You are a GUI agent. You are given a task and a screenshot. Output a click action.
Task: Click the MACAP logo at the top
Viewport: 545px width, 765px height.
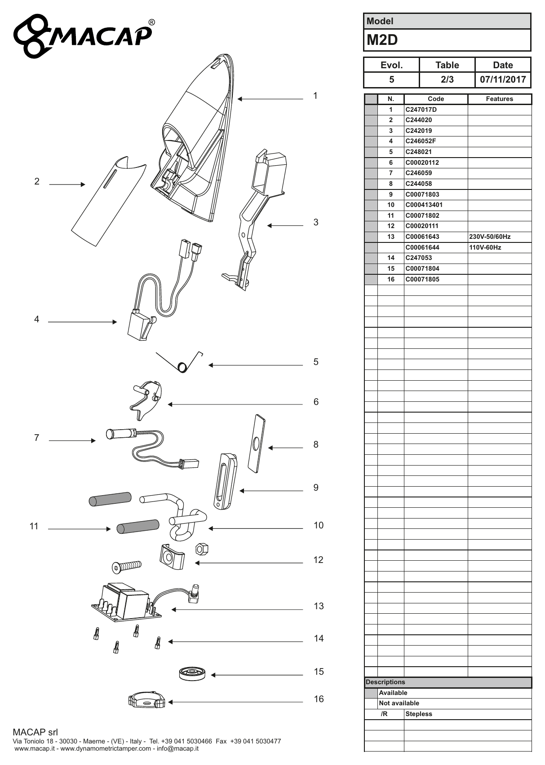pyautogui.click(x=84, y=35)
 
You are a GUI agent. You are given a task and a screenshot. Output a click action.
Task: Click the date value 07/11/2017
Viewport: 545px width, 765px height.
pyautogui.click(x=503, y=79)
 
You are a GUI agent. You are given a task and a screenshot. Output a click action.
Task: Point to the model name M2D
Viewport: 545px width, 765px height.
pyautogui.click(x=382, y=40)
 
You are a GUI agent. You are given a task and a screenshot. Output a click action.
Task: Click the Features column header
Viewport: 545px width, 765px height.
pyautogui.click(x=499, y=99)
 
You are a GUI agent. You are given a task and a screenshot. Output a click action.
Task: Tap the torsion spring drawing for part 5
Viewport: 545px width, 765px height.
pyautogui.click(x=179, y=362)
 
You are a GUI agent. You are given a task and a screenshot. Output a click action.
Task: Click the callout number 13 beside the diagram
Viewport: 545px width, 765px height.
pyautogui.click(x=319, y=606)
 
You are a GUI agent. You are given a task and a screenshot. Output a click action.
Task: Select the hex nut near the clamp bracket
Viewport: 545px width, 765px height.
pyautogui.click(x=202, y=549)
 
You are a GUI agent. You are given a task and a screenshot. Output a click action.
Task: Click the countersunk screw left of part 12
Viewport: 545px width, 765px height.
pyautogui.click(x=126, y=567)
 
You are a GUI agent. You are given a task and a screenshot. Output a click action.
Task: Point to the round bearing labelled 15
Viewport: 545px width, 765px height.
pyautogui.click(x=192, y=673)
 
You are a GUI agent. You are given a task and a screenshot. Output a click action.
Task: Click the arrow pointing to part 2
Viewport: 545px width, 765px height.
pyautogui.click(x=67, y=185)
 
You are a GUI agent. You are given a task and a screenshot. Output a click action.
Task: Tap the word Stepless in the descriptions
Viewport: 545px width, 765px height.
pyautogui.click(x=419, y=714)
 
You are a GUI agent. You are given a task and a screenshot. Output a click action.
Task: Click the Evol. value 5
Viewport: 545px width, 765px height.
pyautogui.click(x=392, y=79)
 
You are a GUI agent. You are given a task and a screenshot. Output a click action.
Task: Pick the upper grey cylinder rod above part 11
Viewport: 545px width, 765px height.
pyautogui.click(x=110, y=499)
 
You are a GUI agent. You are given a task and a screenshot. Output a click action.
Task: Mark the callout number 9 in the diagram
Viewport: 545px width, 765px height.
pyautogui.click(x=316, y=488)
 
